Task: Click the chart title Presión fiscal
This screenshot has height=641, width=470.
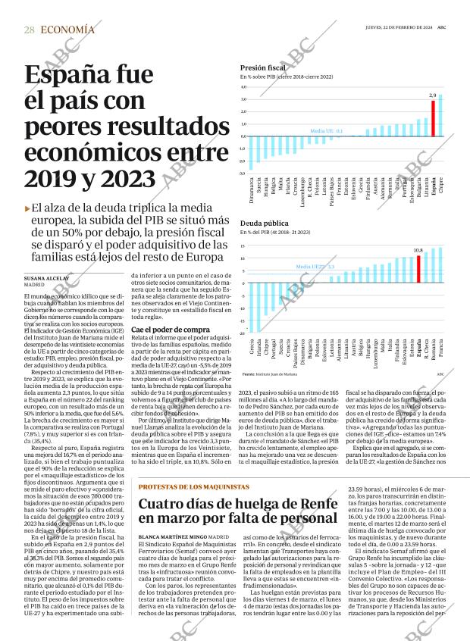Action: (x=262, y=67)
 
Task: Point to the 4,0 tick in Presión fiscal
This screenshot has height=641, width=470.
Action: (x=243, y=87)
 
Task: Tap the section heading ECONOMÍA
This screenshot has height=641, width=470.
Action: (x=68, y=30)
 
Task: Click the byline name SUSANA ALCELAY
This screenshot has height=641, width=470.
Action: (x=47, y=279)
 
